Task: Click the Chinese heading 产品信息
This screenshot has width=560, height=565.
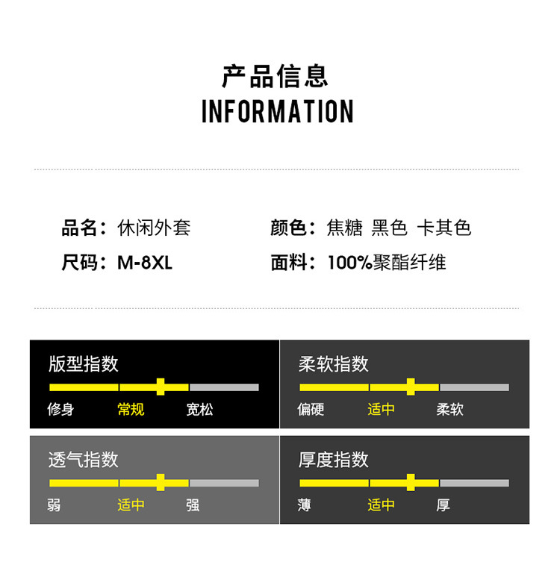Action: [276, 76]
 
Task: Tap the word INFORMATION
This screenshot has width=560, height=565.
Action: [277, 111]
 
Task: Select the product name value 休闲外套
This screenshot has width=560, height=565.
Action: [155, 228]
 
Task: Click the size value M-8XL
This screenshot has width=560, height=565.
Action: [145, 263]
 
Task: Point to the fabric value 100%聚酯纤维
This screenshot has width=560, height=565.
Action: [386, 263]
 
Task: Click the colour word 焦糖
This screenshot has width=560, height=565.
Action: [344, 228]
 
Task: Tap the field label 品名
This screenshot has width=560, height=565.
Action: [80, 228]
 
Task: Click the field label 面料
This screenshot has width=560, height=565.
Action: [289, 263]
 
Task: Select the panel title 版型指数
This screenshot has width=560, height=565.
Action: [84, 363]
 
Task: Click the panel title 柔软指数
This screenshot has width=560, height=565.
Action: [334, 363]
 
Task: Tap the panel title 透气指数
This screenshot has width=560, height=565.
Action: [84, 459]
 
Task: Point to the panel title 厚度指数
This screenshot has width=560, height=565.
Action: [334, 459]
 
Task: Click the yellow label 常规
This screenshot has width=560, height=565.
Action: [131, 409]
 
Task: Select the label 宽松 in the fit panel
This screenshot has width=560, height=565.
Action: [199, 409]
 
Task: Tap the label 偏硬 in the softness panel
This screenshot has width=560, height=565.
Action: [311, 409]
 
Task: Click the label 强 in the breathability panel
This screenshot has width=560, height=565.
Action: [193, 505]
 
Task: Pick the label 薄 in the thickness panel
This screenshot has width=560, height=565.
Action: [304, 505]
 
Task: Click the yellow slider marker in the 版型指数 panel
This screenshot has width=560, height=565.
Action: [161, 387]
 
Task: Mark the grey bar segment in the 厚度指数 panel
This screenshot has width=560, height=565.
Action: [474, 483]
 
